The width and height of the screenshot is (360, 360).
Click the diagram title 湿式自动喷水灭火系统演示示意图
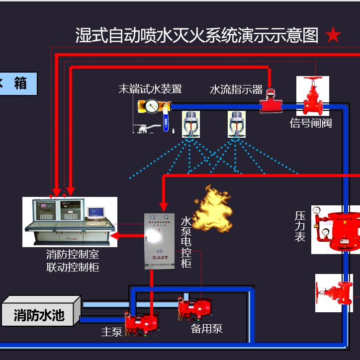[x=196, y=36]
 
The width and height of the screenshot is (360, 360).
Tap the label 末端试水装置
[x=150, y=89]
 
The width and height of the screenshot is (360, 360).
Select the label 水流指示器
[x=236, y=90]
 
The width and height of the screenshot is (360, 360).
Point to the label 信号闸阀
[x=311, y=123]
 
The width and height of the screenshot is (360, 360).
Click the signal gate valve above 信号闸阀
[x=313, y=96]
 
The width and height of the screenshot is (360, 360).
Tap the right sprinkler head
[x=237, y=124]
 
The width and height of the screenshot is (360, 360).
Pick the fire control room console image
[x=70, y=221]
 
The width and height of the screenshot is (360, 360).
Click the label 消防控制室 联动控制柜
[x=73, y=261]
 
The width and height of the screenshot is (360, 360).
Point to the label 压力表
[x=300, y=226]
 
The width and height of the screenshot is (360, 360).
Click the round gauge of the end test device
[x=152, y=105]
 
